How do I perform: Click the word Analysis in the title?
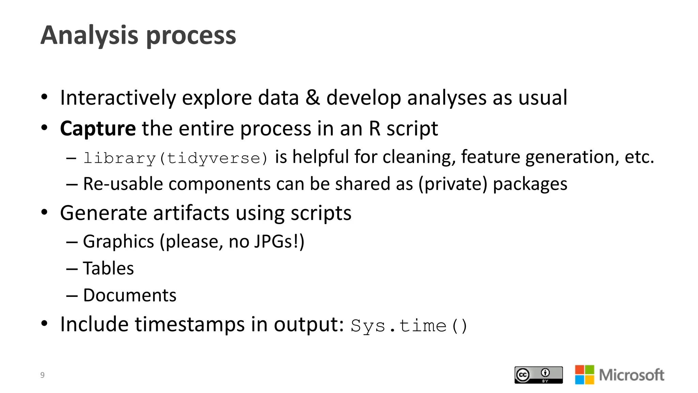pyautogui.click(x=90, y=35)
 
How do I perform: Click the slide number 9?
pyautogui.click(x=42, y=375)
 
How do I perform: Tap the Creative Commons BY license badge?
pyautogui.click(x=538, y=375)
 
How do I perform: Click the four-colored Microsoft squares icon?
pyautogui.click(x=584, y=375)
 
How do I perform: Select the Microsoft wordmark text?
pyautogui.click(x=631, y=375)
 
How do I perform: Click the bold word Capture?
pyautogui.click(x=98, y=129)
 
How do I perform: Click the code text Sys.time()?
pyautogui.click(x=409, y=325)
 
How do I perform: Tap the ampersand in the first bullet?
pyautogui.click(x=312, y=98)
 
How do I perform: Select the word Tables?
pyautogui.click(x=108, y=268)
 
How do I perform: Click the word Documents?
pyautogui.click(x=130, y=295)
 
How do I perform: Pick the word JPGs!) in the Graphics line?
pyautogui.click(x=279, y=242)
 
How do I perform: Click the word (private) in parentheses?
pyautogui.click(x=453, y=184)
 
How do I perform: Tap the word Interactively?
pyautogui.click(x=118, y=98)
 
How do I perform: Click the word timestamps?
pyautogui.click(x=189, y=324)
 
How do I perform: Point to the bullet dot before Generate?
pyautogui.click(x=44, y=212)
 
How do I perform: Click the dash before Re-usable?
pyautogui.click(x=72, y=185)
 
